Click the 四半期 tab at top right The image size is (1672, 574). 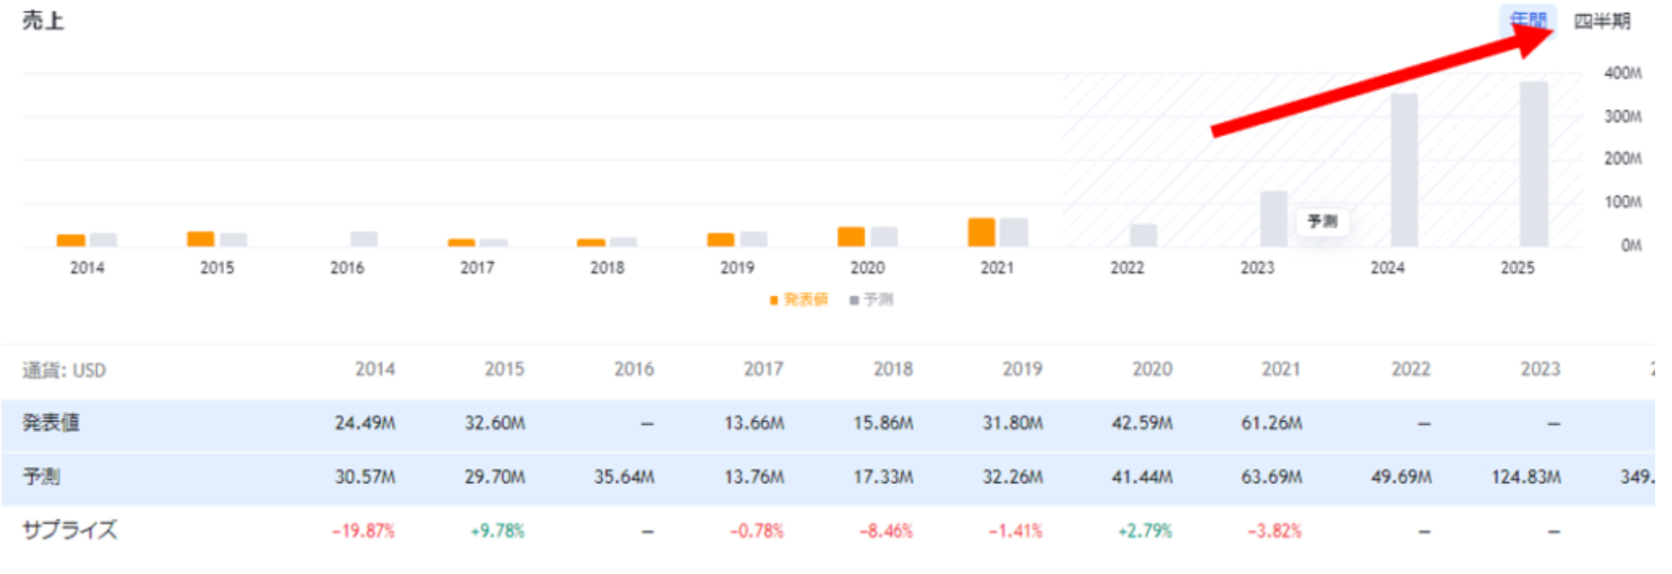tap(1601, 22)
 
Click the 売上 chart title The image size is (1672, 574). tap(42, 21)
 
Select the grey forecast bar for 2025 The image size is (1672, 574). tap(1533, 164)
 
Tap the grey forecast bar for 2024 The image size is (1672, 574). tap(1404, 170)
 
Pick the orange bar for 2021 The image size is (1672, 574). tap(981, 232)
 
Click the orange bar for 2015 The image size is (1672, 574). tap(200, 239)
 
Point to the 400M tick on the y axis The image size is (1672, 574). tap(1623, 73)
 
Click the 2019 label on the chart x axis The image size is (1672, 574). tap(736, 268)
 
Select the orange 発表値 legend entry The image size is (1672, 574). tap(798, 300)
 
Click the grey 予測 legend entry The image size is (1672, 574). tap(872, 300)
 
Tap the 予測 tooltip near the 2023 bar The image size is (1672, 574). tap(1322, 221)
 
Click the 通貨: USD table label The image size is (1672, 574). tap(64, 371)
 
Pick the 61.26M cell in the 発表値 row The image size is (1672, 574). tap(1271, 423)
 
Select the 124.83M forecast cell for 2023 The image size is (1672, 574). tap(1525, 477)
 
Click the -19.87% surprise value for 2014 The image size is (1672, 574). tap(363, 532)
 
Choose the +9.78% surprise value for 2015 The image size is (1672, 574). tap(497, 532)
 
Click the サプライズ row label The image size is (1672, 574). tap(69, 531)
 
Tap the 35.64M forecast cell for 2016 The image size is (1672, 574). tap(624, 477)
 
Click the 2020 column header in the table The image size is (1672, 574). tap(1152, 370)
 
